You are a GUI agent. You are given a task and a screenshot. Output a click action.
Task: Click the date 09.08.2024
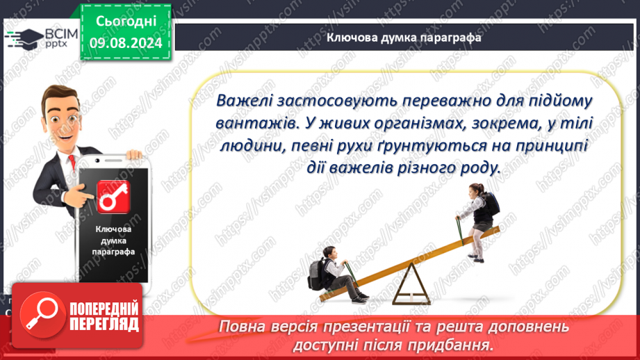click(x=126, y=43)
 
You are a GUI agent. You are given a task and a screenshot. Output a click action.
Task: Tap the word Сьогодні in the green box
click(x=126, y=22)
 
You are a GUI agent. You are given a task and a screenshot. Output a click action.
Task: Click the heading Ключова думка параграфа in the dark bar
click(x=404, y=38)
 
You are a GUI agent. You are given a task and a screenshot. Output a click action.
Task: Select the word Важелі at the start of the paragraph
click(x=244, y=100)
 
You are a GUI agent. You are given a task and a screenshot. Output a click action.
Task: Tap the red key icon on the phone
click(x=113, y=197)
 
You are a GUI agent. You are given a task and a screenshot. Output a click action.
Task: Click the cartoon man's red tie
click(x=72, y=162)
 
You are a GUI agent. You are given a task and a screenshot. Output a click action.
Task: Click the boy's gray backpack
click(x=317, y=275)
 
